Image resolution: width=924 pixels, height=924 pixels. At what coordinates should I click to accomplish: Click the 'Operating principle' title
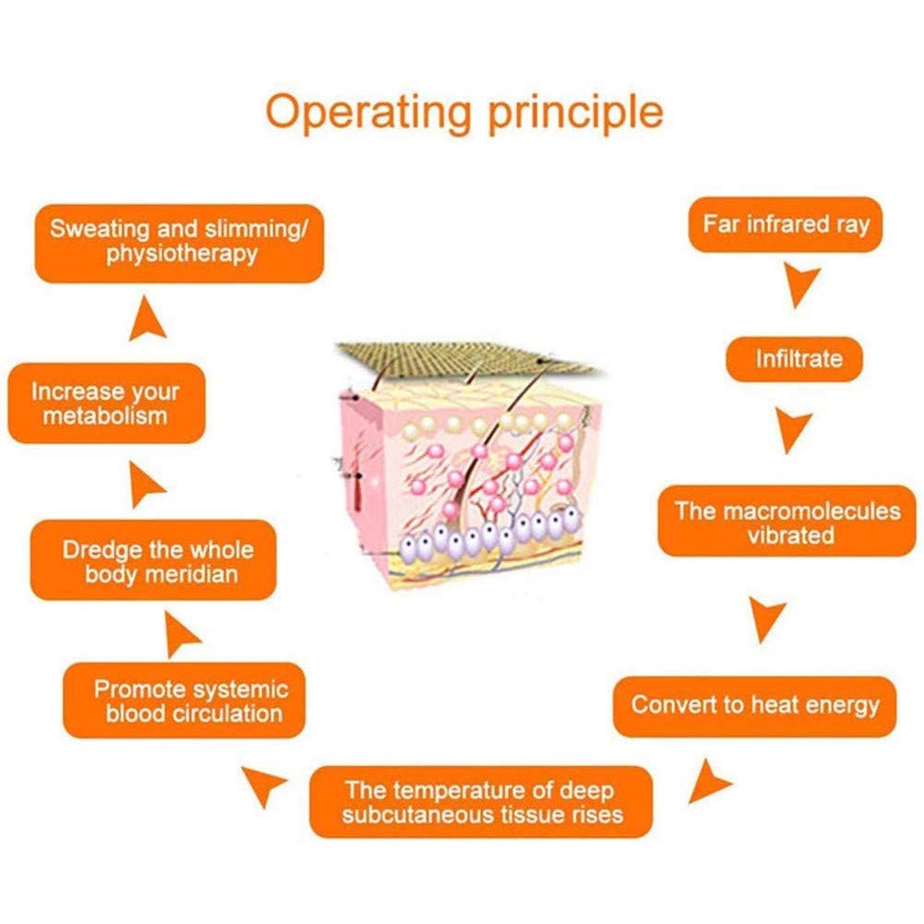pyautogui.click(x=464, y=113)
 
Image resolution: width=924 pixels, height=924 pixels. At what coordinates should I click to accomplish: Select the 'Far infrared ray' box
pyautogui.click(x=785, y=224)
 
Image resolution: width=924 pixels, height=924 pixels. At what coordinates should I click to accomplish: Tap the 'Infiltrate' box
pyautogui.click(x=795, y=359)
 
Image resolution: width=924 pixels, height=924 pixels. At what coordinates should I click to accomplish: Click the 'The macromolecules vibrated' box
pyautogui.click(x=786, y=521)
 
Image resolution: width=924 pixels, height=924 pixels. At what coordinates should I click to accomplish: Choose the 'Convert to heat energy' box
pyautogui.click(x=754, y=706)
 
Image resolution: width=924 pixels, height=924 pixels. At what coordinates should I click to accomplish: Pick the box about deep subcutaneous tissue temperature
pyautogui.click(x=481, y=802)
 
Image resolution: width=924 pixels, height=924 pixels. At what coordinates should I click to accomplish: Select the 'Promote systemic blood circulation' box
pyautogui.click(x=184, y=701)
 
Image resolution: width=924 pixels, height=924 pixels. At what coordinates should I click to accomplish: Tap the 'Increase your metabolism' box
pyautogui.click(x=107, y=403)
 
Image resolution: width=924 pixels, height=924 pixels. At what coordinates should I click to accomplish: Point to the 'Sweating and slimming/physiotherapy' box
pyautogui.click(x=179, y=244)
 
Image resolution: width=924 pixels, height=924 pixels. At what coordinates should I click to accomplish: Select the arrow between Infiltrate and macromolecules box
pyautogui.click(x=791, y=428)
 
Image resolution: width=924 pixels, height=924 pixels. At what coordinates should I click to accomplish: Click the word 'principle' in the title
pyautogui.click(x=576, y=114)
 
